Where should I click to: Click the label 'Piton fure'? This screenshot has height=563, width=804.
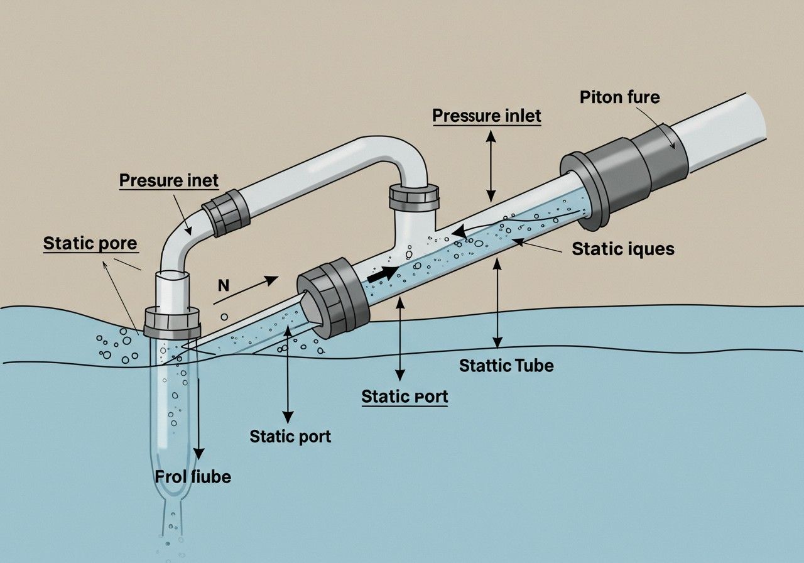coord(619,98)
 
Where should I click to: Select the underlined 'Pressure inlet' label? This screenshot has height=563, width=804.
coord(487,116)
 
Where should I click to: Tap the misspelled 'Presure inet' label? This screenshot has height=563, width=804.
coord(168,181)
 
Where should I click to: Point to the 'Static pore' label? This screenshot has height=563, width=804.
coord(90,243)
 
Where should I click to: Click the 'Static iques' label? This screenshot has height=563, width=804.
coord(622,249)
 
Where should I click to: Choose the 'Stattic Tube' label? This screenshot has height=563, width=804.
coord(506,365)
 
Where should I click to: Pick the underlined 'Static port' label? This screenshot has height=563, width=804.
coord(405,396)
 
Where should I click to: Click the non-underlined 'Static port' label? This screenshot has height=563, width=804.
coord(290,435)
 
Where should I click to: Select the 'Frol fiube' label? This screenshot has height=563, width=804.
coord(193,476)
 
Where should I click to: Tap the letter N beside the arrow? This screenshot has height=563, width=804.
coord(223,285)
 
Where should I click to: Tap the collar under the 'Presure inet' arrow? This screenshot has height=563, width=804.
coord(225,212)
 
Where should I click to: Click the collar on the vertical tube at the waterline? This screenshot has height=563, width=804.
coord(172,322)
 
